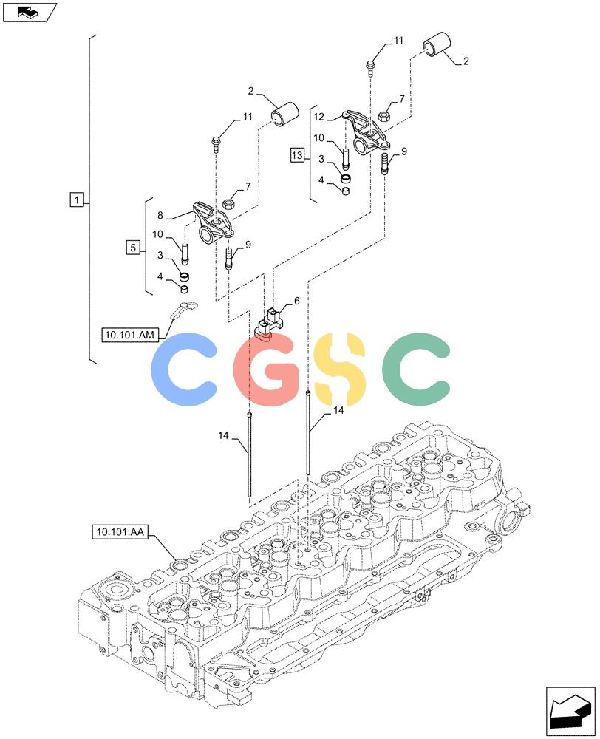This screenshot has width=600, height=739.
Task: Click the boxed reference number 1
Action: (77, 200)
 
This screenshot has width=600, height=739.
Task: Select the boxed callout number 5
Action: (134, 247)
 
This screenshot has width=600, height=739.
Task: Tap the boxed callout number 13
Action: (297, 154)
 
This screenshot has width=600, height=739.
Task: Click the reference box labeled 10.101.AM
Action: (129, 335)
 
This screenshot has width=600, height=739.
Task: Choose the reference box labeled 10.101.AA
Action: (120, 532)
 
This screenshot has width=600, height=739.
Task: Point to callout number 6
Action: (296, 301)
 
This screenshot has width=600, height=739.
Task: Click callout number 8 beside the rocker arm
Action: (160, 215)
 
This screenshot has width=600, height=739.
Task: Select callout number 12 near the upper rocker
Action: (319, 117)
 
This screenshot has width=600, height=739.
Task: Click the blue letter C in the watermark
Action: (184, 369)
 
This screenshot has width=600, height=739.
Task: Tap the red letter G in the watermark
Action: (266, 369)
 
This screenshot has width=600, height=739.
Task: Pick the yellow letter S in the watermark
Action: (339, 369)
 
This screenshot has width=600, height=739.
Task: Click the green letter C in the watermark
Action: (416, 369)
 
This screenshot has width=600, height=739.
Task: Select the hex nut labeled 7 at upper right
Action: (384, 115)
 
